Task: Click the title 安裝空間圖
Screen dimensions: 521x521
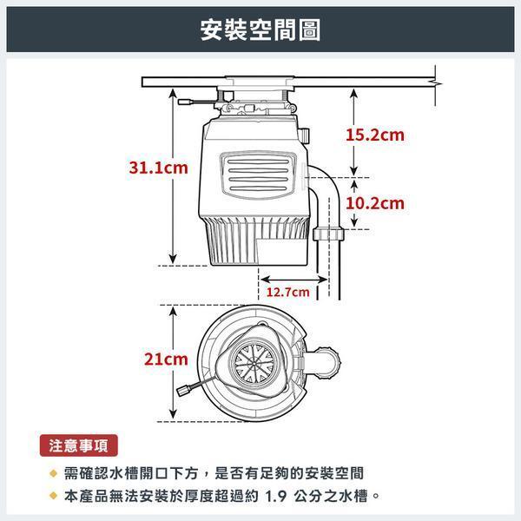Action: tap(260, 30)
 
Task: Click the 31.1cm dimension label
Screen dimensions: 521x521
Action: tap(154, 168)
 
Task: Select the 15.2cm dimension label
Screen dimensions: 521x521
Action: tap(375, 135)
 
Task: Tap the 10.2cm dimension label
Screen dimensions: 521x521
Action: tap(375, 204)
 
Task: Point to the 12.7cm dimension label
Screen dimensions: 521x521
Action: tap(287, 292)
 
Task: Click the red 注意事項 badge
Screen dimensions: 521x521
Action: tap(78, 447)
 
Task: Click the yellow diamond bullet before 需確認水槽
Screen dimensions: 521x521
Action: tap(53, 474)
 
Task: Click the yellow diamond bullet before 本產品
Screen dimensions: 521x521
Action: tap(53, 498)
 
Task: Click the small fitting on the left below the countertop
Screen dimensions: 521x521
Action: tap(186, 102)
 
